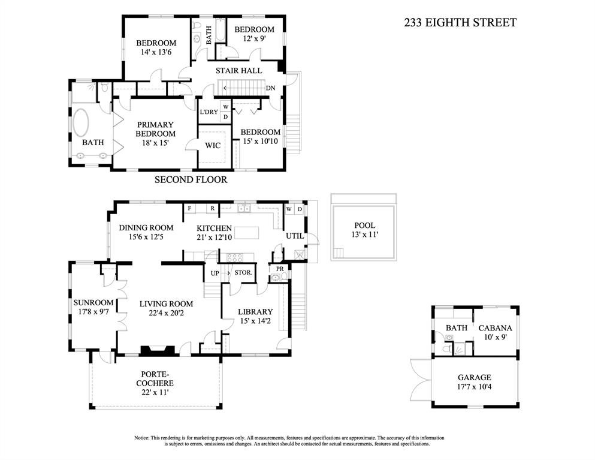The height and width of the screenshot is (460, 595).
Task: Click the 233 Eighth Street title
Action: tap(460, 23)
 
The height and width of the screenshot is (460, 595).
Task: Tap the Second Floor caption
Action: tap(191, 179)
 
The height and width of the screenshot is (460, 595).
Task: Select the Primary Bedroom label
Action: tap(155, 129)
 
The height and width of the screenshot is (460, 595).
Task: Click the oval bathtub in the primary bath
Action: tap(81, 124)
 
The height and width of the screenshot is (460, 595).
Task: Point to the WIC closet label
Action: tap(213, 145)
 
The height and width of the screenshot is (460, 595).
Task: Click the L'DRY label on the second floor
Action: tap(209, 112)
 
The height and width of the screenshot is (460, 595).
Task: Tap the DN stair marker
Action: tap(271, 88)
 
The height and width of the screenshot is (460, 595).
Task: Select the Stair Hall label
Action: tap(239, 71)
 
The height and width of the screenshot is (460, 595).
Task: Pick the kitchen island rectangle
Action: tap(247, 233)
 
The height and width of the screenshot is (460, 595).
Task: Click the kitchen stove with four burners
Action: tap(234, 257)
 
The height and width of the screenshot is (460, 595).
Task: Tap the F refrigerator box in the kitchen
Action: tap(189, 209)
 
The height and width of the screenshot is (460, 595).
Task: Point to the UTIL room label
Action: tap(295, 236)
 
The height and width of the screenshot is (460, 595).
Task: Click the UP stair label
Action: tap(215, 273)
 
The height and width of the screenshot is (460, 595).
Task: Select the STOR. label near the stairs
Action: tap(243, 273)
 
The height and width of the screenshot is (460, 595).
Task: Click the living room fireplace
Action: tap(158, 351)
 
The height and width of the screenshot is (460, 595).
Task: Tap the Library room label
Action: tap(255, 311)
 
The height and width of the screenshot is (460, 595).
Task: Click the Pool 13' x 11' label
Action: tap(364, 230)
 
